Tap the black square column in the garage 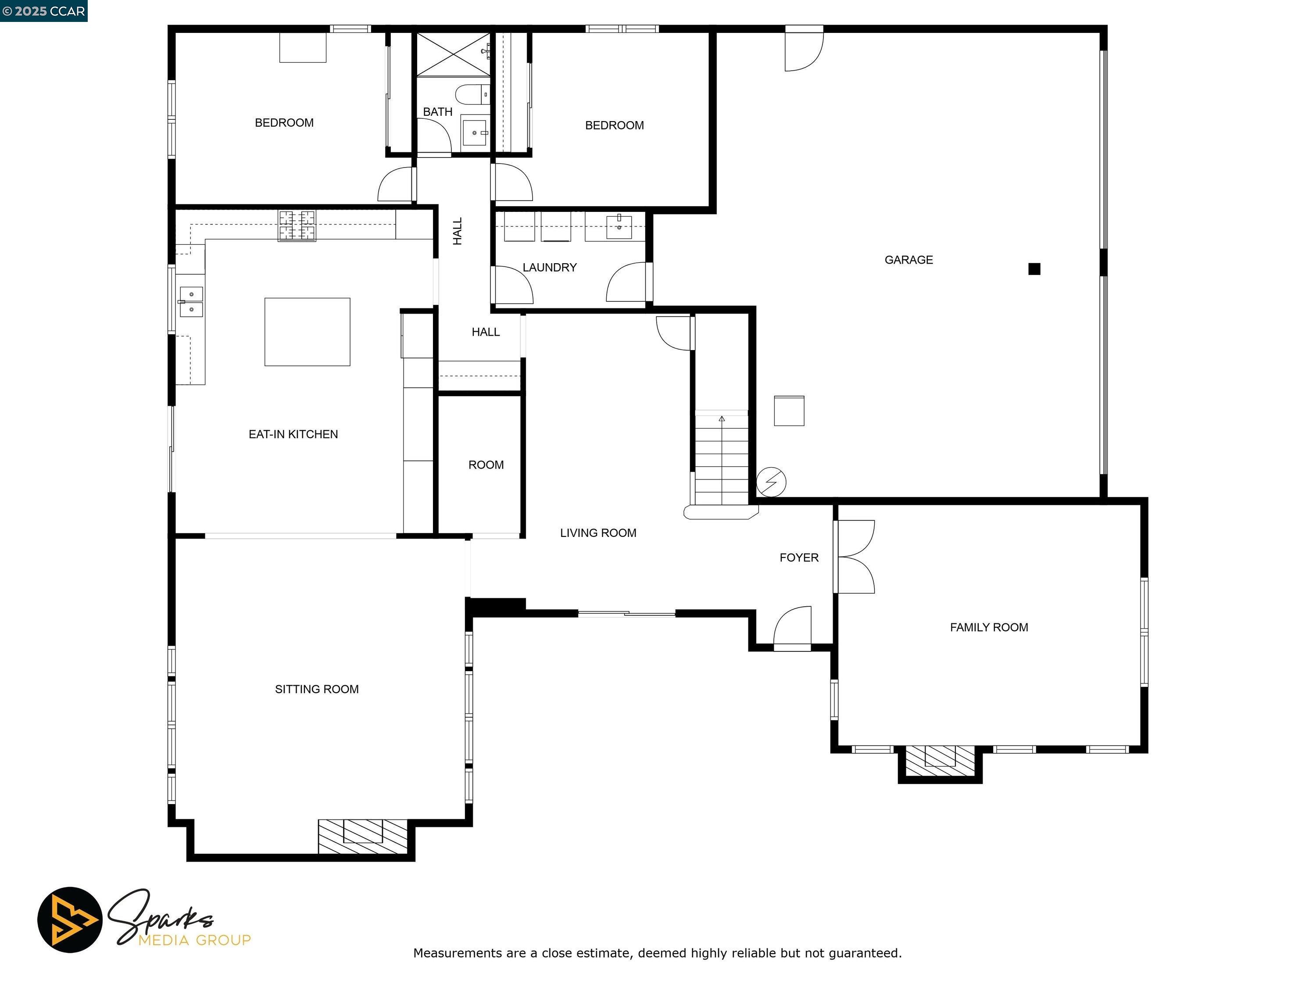pyautogui.click(x=1034, y=269)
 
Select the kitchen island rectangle pyautogui.click(x=307, y=331)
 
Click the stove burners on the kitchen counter pyautogui.click(x=297, y=226)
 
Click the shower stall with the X pyautogui.click(x=452, y=54)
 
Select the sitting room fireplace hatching pyautogui.click(x=362, y=836)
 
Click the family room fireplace pyautogui.click(x=940, y=760)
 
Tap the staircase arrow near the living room pyautogui.click(x=721, y=419)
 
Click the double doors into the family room pyautogui.click(x=855, y=556)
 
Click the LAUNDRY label pyautogui.click(x=549, y=267)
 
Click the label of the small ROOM pyautogui.click(x=486, y=465)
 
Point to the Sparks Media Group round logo pyautogui.click(x=70, y=920)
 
